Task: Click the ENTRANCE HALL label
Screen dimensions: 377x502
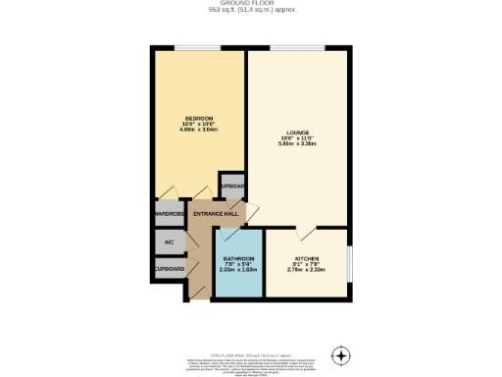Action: pyautogui.click(x=216, y=214)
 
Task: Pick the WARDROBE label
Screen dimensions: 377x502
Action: pyautogui.click(x=169, y=214)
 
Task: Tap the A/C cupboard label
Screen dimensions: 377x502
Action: pyautogui.click(x=169, y=241)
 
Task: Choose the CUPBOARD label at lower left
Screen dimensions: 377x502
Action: pyautogui.click(x=169, y=267)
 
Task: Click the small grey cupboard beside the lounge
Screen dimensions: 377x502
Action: pyautogui.click(x=232, y=186)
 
